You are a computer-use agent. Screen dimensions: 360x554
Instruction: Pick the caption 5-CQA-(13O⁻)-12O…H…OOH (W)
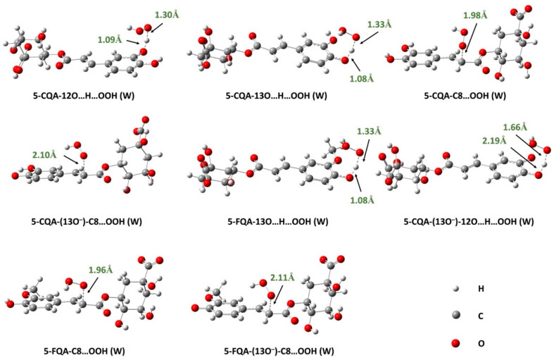pyautogui.click(x=469, y=222)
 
